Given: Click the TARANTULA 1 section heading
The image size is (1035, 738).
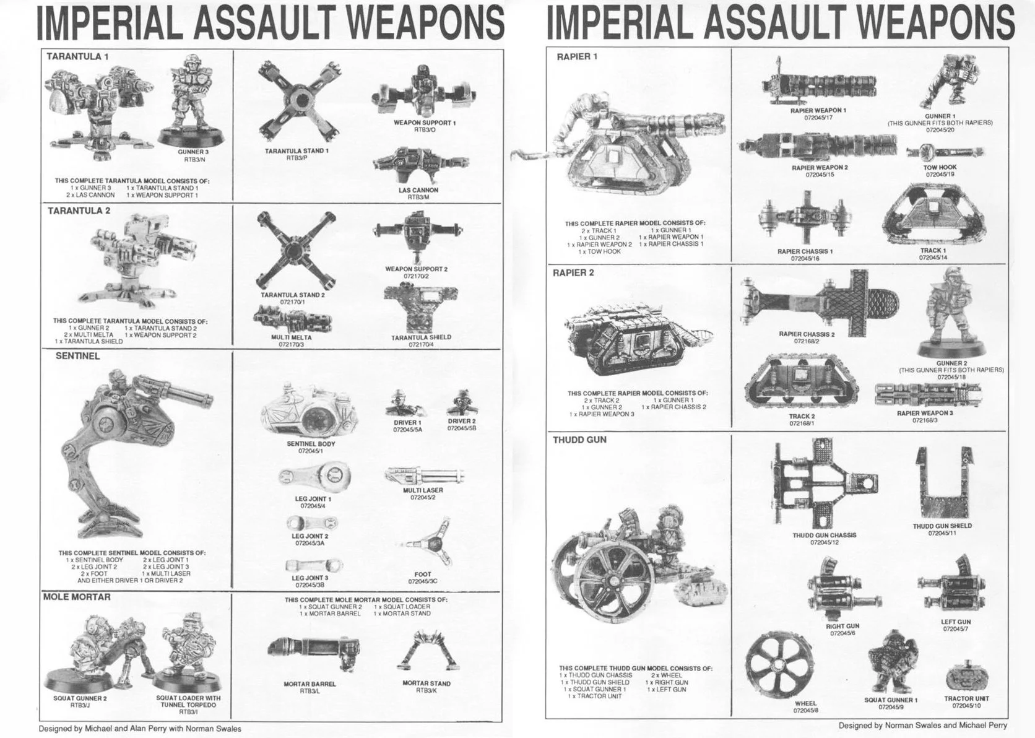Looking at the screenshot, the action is point(77,56).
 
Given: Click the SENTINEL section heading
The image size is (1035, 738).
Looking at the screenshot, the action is point(77,356).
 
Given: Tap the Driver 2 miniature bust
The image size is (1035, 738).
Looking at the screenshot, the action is point(461,403).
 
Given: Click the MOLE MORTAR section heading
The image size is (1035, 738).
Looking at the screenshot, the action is point(77,597).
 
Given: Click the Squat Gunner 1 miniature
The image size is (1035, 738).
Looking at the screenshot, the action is point(891,665).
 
